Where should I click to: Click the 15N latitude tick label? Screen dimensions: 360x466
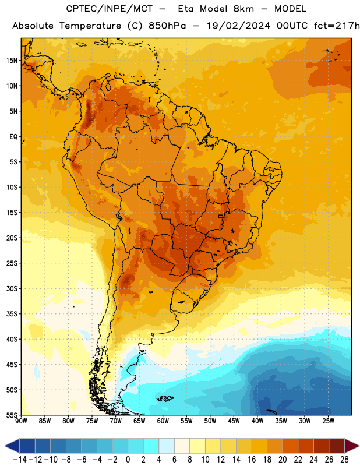(12, 61)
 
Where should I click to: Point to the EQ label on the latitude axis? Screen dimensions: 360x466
(13, 137)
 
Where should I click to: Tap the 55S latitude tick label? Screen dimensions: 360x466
(12, 415)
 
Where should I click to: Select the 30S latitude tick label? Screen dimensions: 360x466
(12, 288)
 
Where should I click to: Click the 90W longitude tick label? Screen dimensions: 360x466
(21, 421)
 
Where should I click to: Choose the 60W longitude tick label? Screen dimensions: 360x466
(163, 421)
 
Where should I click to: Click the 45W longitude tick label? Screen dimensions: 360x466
(234, 421)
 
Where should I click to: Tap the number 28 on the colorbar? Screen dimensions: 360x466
(344, 460)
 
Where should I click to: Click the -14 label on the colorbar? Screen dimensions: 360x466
(20, 460)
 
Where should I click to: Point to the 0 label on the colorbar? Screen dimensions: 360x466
(128, 460)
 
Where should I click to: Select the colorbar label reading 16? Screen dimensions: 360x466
(252, 460)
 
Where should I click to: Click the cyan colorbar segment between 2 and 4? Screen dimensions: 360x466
(151, 446)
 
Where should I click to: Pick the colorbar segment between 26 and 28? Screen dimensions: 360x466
(337, 446)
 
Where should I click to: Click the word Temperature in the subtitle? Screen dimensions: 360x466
(90, 26)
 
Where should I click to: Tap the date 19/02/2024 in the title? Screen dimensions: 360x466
(239, 26)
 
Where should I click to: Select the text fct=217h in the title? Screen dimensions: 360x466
(337, 26)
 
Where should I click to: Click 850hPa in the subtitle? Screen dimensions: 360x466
(167, 26)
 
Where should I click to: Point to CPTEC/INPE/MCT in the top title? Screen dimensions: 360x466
(110, 9)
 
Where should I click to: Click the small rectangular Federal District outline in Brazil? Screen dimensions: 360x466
(221, 216)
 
